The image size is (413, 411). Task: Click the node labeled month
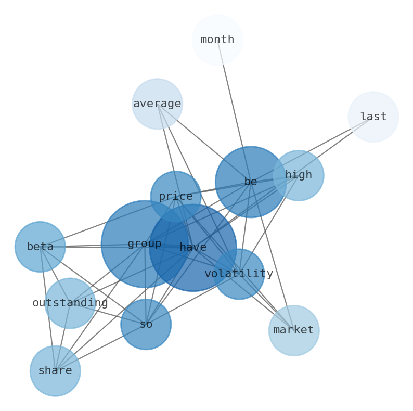pos(217,40)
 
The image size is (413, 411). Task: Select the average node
pos(157,104)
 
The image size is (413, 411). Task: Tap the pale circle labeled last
pos(373,117)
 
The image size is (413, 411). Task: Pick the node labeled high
pos(298,175)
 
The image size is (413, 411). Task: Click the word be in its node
pos(250,182)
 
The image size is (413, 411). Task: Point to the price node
pos(175,196)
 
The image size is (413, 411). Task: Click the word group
pos(144,243)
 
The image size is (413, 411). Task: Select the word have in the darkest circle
pos(193,248)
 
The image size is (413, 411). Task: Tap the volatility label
pos(239,274)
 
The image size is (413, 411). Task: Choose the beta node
pos(40,247)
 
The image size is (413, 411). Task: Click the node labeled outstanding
pos(70,303)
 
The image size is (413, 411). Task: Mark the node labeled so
pos(146,324)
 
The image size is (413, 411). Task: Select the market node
pos(293,330)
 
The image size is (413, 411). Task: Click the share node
pos(55,370)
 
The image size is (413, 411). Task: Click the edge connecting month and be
pos(232,104)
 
